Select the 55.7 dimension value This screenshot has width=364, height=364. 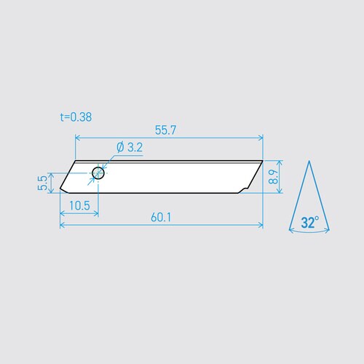click(167, 130)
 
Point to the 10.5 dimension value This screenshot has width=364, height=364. click(77, 206)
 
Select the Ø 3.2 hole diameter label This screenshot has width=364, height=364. click(129, 148)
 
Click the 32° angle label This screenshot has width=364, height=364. click(309, 223)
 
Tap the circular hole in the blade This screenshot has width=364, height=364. click(98, 173)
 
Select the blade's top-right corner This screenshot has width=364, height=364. click(262, 160)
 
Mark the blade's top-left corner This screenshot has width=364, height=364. click(76, 160)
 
